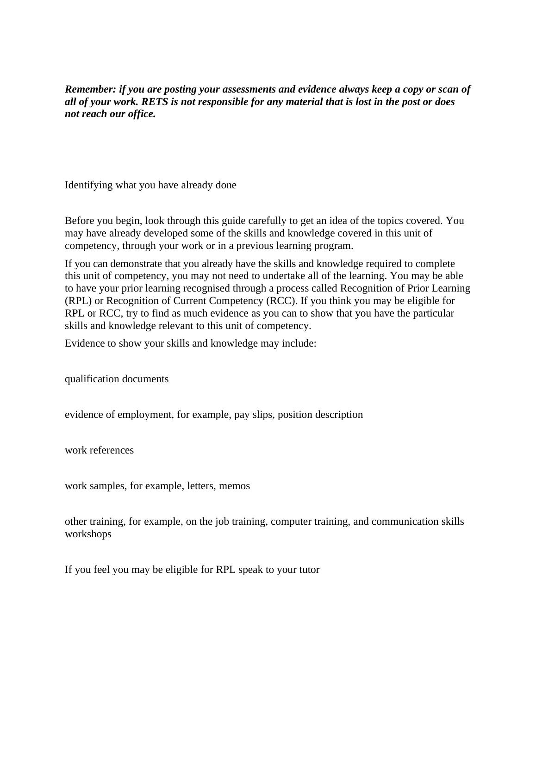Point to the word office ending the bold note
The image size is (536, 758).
point(142,114)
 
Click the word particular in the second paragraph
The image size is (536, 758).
point(435,313)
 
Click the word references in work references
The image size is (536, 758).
point(112,450)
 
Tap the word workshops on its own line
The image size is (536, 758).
point(88,534)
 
